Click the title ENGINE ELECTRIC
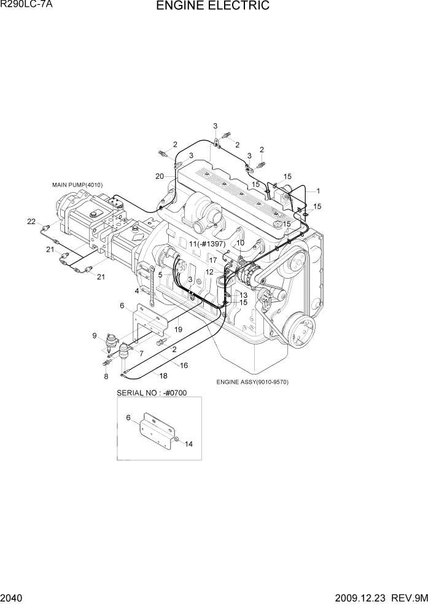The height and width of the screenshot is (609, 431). (x=212, y=7)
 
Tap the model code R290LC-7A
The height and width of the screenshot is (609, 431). (x=25, y=6)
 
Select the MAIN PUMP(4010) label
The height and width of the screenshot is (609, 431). (x=77, y=185)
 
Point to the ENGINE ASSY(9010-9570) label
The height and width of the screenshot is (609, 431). (x=252, y=382)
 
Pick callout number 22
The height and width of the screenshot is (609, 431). (x=31, y=222)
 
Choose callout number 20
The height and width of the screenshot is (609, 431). (x=160, y=176)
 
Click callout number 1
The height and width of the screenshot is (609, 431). (x=318, y=191)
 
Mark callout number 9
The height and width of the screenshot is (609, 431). (x=95, y=335)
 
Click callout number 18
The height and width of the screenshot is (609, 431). (x=163, y=376)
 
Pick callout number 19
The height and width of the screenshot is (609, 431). (x=178, y=330)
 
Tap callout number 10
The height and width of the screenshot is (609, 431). (x=240, y=243)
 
